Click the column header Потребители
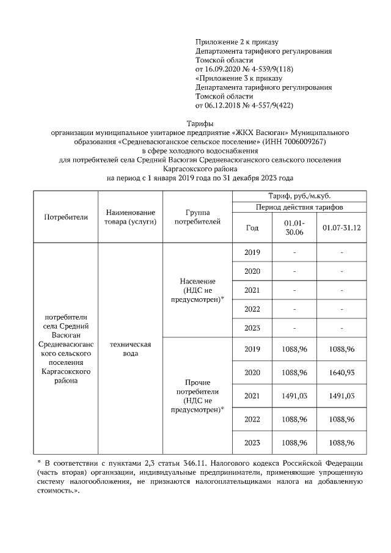(66, 217)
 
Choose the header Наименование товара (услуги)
(130, 217)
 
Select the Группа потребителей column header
(197, 217)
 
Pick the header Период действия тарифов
(299, 207)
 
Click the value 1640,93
(342, 373)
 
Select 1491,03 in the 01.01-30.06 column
(294, 396)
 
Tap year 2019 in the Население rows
(252, 252)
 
